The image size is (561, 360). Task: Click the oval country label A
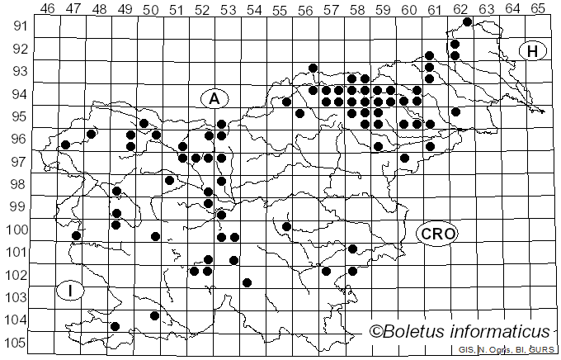214,99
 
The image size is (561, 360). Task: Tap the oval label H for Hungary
533,51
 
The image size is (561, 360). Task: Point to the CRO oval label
437,234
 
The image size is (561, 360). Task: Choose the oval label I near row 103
72,291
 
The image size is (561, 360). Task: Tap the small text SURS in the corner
540,351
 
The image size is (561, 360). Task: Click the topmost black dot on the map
468,21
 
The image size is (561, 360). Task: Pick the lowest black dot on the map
115,326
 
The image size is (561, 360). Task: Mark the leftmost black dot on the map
65,144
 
